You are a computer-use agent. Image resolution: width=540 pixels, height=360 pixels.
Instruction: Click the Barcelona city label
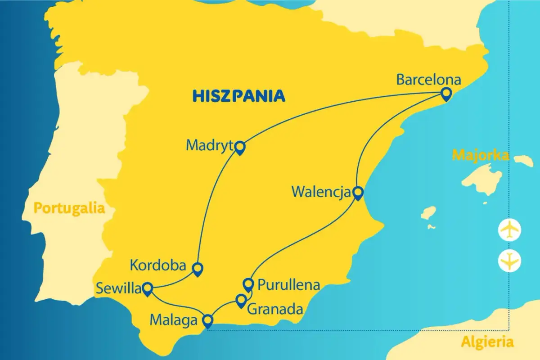pos(428,80)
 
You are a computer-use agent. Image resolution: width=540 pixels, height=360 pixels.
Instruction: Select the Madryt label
pos(210,145)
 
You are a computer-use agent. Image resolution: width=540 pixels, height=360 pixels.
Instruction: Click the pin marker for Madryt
pos(240,147)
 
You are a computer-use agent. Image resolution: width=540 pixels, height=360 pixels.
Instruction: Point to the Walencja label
pos(321,192)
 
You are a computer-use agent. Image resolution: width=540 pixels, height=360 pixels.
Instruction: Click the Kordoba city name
pos(158,265)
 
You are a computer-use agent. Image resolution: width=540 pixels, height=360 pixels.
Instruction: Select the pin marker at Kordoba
pos(197,268)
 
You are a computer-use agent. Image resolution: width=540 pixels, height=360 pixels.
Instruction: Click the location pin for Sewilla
pos(147,288)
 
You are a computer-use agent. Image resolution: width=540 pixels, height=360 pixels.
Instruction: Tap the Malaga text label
pos(173,321)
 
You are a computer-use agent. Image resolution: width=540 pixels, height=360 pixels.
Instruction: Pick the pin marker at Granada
pos(241,300)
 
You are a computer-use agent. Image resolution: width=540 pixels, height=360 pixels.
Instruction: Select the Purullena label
pos(288,285)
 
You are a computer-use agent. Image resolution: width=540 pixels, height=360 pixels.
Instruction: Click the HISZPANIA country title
pos(239,95)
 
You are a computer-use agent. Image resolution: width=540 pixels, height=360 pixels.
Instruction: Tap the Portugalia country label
pos(69,208)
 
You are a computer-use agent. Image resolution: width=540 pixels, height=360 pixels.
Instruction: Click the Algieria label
pos(487,342)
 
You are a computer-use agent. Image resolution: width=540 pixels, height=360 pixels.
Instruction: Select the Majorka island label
pos(480,156)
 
